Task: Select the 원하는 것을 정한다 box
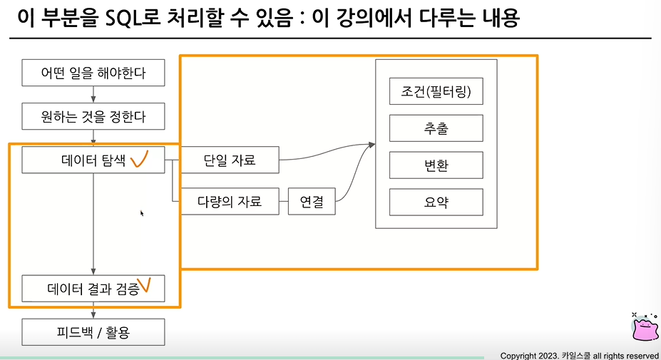tap(93, 115)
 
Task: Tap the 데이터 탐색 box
tap(93, 160)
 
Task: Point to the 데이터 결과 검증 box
tap(93, 289)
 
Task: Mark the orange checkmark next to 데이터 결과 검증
tap(145, 286)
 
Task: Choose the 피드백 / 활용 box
tap(93, 331)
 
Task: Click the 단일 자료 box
tap(228, 160)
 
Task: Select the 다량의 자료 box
tap(230, 202)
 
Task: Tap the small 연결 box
tap(312, 202)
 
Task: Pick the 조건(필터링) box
tap(436, 92)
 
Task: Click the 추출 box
tap(436, 129)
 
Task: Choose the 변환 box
tap(436, 165)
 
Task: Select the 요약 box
tap(436, 202)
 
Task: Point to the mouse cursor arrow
tap(142, 212)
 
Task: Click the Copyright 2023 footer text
tap(579, 355)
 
